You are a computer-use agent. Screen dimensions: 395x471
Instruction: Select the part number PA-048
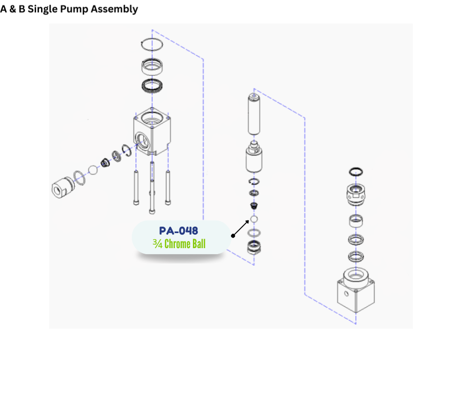click(x=178, y=231)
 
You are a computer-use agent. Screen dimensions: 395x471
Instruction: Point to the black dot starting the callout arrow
click(x=232, y=236)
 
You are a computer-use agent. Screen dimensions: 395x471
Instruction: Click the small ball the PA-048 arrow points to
click(x=254, y=219)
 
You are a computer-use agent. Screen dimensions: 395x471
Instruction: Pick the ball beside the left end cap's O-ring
click(x=92, y=170)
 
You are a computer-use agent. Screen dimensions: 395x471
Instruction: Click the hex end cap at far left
click(x=63, y=187)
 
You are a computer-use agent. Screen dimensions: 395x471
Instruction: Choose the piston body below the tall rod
click(x=254, y=160)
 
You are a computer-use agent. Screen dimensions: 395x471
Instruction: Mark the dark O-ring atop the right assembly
click(x=356, y=172)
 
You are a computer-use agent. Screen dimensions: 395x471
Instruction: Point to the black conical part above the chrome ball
click(x=254, y=206)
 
